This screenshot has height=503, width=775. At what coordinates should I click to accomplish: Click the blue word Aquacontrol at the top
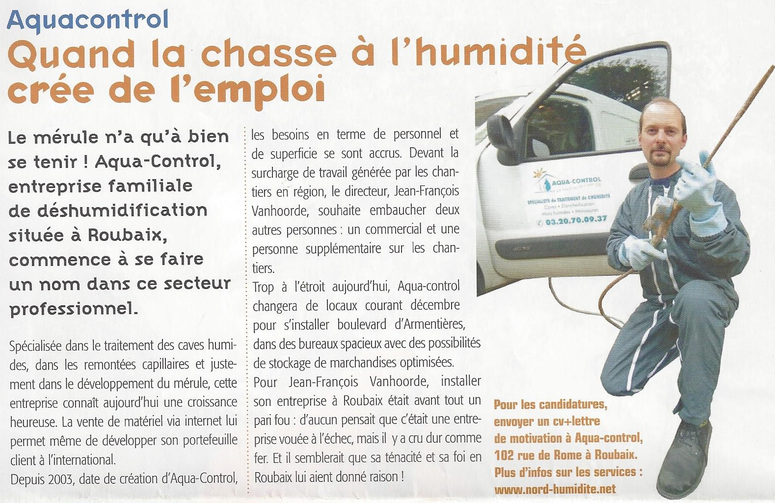88,21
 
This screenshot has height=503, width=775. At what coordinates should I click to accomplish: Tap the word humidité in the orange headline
501,53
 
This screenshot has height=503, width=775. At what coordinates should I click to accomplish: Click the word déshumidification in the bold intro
108,211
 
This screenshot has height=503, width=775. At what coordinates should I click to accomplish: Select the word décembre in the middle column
435,305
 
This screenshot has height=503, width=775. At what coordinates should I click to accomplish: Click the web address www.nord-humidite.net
555,489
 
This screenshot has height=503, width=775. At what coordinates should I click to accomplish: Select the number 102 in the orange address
504,455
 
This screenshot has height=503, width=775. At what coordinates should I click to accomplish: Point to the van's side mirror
500,131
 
